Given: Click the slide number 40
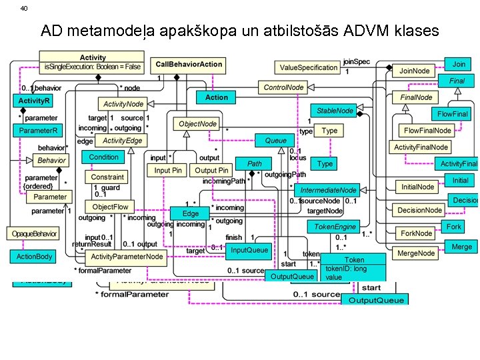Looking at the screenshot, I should pyautogui.click(x=24, y=8).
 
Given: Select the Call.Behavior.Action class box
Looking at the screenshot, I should pyautogui.click(x=189, y=65).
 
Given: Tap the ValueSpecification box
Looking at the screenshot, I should pyautogui.click(x=308, y=67).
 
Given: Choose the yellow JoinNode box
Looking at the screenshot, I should pyautogui.click(x=414, y=70).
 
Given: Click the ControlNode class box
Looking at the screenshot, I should pyautogui.click(x=284, y=87).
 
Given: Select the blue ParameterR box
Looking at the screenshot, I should pyautogui.click(x=38, y=131).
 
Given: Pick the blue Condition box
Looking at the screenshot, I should pyautogui.click(x=103, y=157).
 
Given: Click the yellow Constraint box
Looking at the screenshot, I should pyautogui.click(x=107, y=177).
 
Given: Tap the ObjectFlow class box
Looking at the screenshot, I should pyautogui.click(x=110, y=207).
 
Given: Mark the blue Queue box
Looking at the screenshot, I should pyautogui.click(x=275, y=141).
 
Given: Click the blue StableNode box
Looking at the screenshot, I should pyautogui.click(x=335, y=111).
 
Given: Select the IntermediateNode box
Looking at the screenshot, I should pyautogui.click(x=328, y=190).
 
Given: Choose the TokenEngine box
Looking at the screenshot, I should pyautogui.click(x=335, y=227).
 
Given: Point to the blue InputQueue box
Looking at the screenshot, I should pyautogui.click(x=249, y=251).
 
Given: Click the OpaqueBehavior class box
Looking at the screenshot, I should pyautogui.click(x=34, y=233).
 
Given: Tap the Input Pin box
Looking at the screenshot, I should pyautogui.click(x=168, y=171).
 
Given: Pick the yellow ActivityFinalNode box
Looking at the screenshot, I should pyautogui.click(x=421, y=147).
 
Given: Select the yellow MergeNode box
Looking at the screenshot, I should pyautogui.click(x=416, y=253).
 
